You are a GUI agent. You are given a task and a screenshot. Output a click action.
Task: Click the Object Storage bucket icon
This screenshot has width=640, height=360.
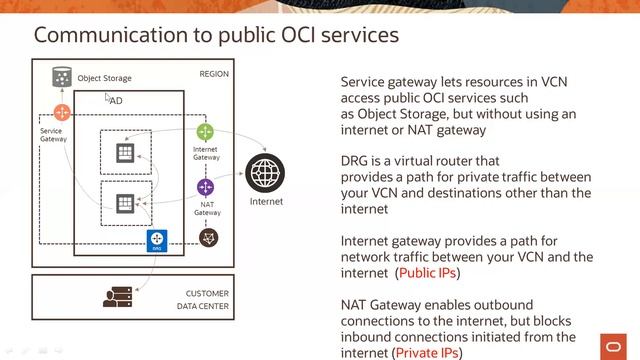pyautogui.click(x=62, y=77)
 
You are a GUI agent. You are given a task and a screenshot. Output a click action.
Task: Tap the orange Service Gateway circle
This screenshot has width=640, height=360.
pyautogui.click(x=62, y=113)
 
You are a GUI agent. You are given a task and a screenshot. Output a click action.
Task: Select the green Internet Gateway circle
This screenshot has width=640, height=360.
pyautogui.click(x=205, y=132)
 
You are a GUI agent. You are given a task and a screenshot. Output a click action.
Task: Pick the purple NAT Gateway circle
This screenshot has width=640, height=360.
pyautogui.click(x=206, y=187)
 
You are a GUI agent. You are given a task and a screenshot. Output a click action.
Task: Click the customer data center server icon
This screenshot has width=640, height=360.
pyautogui.click(x=118, y=297)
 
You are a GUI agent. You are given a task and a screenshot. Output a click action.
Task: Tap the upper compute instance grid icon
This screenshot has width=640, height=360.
pyautogui.click(x=125, y=152)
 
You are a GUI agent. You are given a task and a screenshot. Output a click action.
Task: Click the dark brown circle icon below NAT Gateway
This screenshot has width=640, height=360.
pyautogui.click(x=207, y=237)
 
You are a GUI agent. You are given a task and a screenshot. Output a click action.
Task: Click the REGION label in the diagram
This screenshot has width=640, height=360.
pyautogui.click(x=214, y=75)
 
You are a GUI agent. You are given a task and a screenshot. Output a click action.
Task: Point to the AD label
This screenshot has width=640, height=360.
pyautogui.click(x=117, y=102)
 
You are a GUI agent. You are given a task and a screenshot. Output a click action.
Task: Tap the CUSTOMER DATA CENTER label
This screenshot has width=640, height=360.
pyautogui.click(x=207, y=300)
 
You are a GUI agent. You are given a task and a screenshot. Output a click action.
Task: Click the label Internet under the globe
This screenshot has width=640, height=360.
pyautogui.click(x=265, y=202)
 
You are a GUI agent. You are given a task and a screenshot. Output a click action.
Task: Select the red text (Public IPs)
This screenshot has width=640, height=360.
pyautogui.click(x=434, y=272)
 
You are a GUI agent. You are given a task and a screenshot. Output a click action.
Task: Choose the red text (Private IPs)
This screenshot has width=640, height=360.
pyautogui.click(x=435, y=352)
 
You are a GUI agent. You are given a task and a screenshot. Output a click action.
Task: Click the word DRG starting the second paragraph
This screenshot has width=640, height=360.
pyautogui.click(x=355, y=161)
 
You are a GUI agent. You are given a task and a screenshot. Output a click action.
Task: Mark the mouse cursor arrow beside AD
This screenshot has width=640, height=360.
pyautogui.click(x=108, y=98)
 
